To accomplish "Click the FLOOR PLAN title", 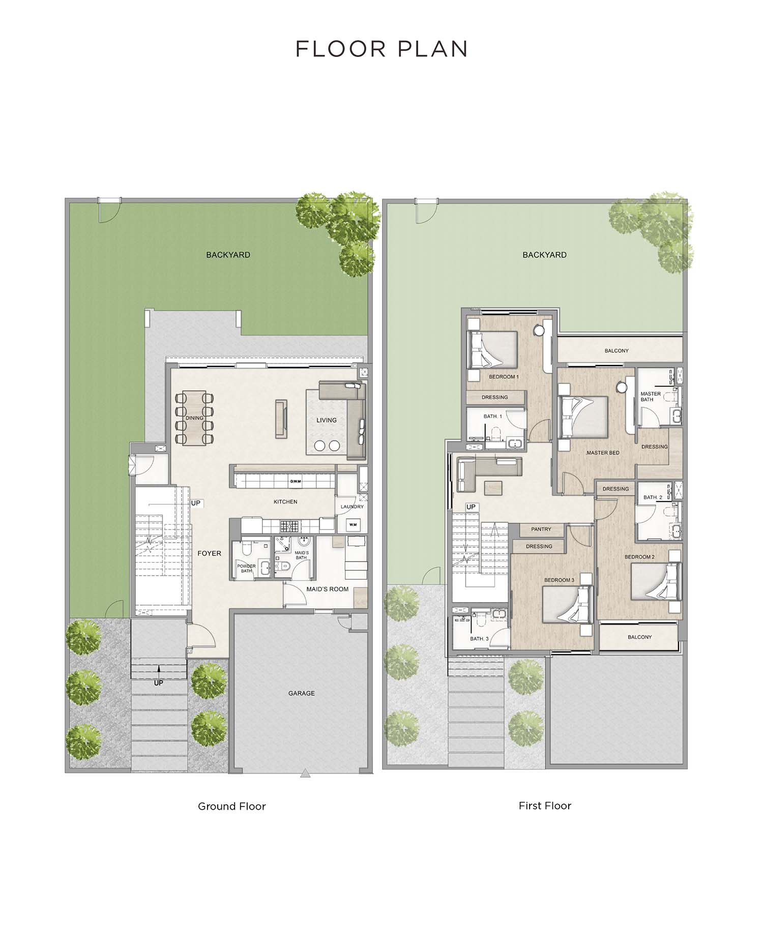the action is coord(382,49).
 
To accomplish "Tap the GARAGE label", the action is coord(301,693).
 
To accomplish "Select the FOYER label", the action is coord(209,553).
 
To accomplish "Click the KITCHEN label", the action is coord(285,502).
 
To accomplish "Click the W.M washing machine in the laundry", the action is coord(353,524).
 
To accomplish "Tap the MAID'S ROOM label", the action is coord(327,589).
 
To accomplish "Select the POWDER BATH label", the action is coord(246,569).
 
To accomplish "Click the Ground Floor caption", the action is coord(231,806).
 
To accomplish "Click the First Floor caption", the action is coord(545,806).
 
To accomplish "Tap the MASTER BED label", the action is coord(603,453).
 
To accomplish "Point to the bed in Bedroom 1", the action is coord(492,349).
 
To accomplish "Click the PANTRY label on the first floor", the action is coord(541,529).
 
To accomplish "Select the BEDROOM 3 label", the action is coord(559,580).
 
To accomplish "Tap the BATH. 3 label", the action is coord(479,639).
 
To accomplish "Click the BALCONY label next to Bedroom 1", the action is coord(617,351).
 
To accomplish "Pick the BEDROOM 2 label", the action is coord(639,557).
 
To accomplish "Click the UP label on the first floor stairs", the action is coord(471,507).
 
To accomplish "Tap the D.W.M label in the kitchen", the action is coord(295,481).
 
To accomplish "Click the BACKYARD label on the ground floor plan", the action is coord(228,255).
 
